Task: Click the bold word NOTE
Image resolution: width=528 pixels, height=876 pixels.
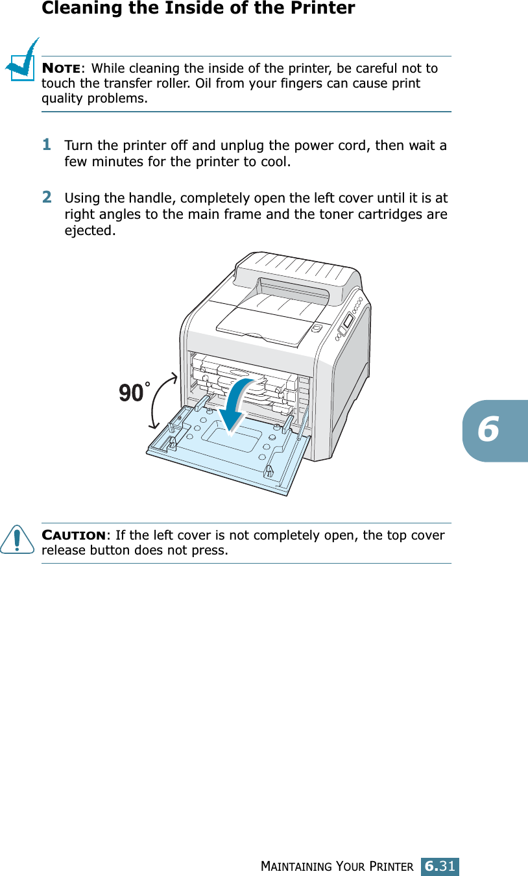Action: point(62,69)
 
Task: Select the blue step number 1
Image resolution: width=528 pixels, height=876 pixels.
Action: point(47,145)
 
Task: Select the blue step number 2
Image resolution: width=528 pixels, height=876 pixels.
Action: point(47,197)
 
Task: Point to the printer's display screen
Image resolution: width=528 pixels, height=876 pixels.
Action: point(348,321)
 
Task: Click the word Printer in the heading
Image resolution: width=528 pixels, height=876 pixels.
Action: point(324,8)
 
